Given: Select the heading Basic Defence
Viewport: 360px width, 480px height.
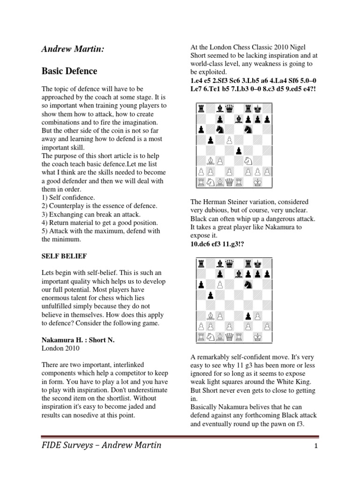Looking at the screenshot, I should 69,71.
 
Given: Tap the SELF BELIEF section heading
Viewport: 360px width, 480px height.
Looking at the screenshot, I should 64,257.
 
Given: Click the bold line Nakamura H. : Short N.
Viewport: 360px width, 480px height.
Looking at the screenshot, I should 78,340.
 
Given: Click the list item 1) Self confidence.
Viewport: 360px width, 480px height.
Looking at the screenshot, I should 68,197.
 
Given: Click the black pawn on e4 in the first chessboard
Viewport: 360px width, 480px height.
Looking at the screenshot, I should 239,150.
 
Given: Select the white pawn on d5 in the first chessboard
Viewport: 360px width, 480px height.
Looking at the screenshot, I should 229,140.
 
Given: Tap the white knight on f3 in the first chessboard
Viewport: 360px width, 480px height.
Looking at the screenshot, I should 248,161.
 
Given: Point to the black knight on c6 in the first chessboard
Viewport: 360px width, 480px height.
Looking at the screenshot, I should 219,129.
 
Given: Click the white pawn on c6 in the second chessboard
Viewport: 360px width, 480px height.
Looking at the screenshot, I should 219,284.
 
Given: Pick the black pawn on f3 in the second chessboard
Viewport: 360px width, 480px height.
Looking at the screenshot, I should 248,315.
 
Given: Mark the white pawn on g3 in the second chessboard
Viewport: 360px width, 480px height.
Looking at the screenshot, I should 258,315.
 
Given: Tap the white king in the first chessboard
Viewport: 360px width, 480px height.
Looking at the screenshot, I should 258,182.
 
